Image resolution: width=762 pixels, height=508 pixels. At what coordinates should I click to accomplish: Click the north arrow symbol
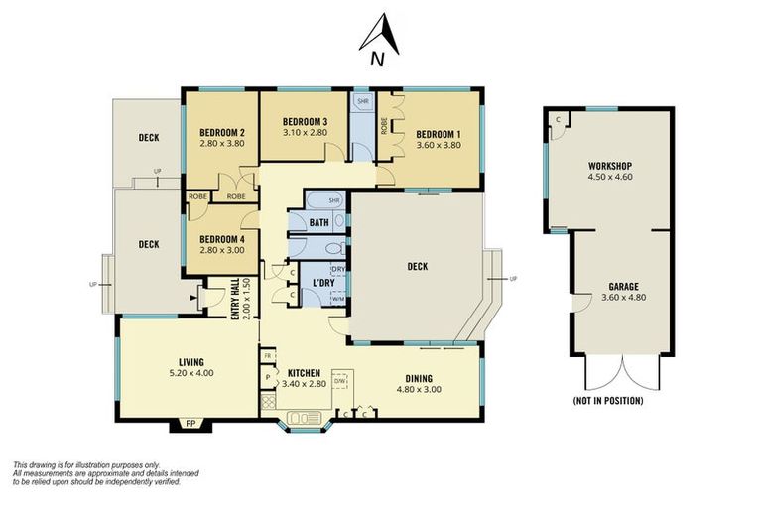point(380,34)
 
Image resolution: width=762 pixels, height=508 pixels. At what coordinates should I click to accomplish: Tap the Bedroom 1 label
point(439,134)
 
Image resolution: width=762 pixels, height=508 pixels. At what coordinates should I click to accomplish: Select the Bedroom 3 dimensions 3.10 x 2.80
point(306,132)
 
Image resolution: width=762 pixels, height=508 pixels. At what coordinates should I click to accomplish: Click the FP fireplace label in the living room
point(190,424)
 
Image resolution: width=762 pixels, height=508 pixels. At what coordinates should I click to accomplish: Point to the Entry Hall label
point(236,299)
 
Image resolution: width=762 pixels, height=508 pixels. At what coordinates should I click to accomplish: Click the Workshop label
point(610,166)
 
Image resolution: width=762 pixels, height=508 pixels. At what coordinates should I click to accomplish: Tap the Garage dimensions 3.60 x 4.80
point(624,297)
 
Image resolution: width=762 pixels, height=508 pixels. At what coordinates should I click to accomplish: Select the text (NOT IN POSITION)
point(608,401)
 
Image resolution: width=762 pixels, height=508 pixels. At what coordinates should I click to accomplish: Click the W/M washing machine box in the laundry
point(338,298)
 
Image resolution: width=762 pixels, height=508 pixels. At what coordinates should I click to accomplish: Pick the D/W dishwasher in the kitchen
point(340,381)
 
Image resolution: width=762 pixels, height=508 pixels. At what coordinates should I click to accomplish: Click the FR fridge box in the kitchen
point(268,355)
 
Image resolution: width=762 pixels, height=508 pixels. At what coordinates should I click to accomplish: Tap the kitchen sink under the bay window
point(305,418)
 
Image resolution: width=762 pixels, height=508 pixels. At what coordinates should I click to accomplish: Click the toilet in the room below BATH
point(334,249)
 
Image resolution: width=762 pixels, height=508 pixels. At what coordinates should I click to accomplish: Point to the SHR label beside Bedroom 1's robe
point(363,101)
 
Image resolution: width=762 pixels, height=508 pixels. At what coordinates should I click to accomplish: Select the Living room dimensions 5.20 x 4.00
point(190,373)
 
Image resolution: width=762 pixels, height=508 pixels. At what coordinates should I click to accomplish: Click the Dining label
point(419,378)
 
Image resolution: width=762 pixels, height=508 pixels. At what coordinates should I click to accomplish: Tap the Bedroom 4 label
point(222,239)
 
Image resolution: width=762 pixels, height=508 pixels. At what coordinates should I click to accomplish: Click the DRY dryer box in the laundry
point(338,269)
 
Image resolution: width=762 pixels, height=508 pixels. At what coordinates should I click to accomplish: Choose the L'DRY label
point(323,283)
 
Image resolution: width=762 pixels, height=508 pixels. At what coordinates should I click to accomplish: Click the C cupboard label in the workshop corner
point(558,119)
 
